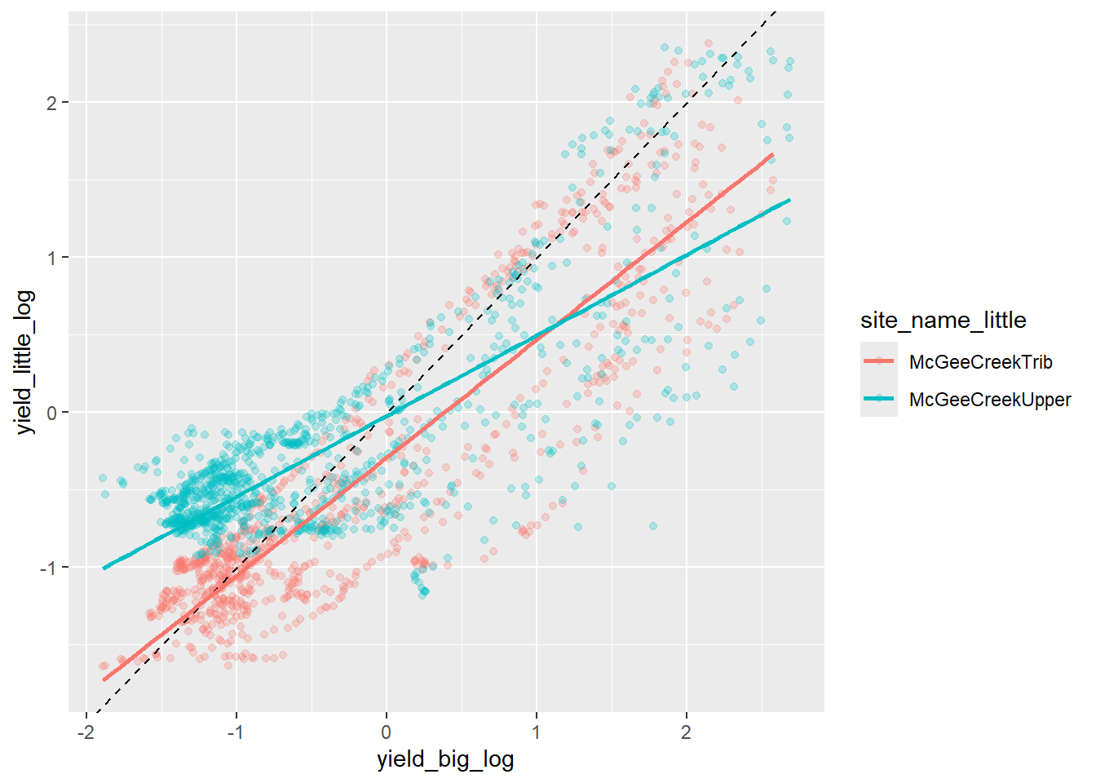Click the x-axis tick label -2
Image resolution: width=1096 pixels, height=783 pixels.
click(86, 732)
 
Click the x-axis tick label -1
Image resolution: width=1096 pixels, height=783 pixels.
click(236, 732)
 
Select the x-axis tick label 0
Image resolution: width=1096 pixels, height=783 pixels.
click(386, 732)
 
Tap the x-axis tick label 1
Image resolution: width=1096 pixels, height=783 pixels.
click(536, 732)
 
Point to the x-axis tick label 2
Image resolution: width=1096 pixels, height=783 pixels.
click(686, 732)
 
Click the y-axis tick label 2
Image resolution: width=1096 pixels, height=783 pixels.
click(52, 103)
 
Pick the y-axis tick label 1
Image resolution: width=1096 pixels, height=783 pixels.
click(52, 258)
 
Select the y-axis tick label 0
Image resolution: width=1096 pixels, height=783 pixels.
click(52, 413)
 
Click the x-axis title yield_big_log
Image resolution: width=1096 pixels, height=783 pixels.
click(445, 759)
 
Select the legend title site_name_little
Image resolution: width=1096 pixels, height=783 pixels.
click(943, 321)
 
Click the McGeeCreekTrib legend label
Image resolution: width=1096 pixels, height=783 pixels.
click(980, 362)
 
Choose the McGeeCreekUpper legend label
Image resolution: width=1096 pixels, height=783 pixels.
click(990, 400)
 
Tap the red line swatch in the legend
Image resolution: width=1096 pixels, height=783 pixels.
click(879, 362)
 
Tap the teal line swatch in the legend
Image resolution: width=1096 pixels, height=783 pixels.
click(879, 400)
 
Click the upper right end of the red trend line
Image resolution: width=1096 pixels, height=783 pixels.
click(771, 154)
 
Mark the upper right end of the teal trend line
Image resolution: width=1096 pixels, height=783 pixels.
click(789, 200)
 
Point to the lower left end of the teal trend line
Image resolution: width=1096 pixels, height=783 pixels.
click(104, 568)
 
